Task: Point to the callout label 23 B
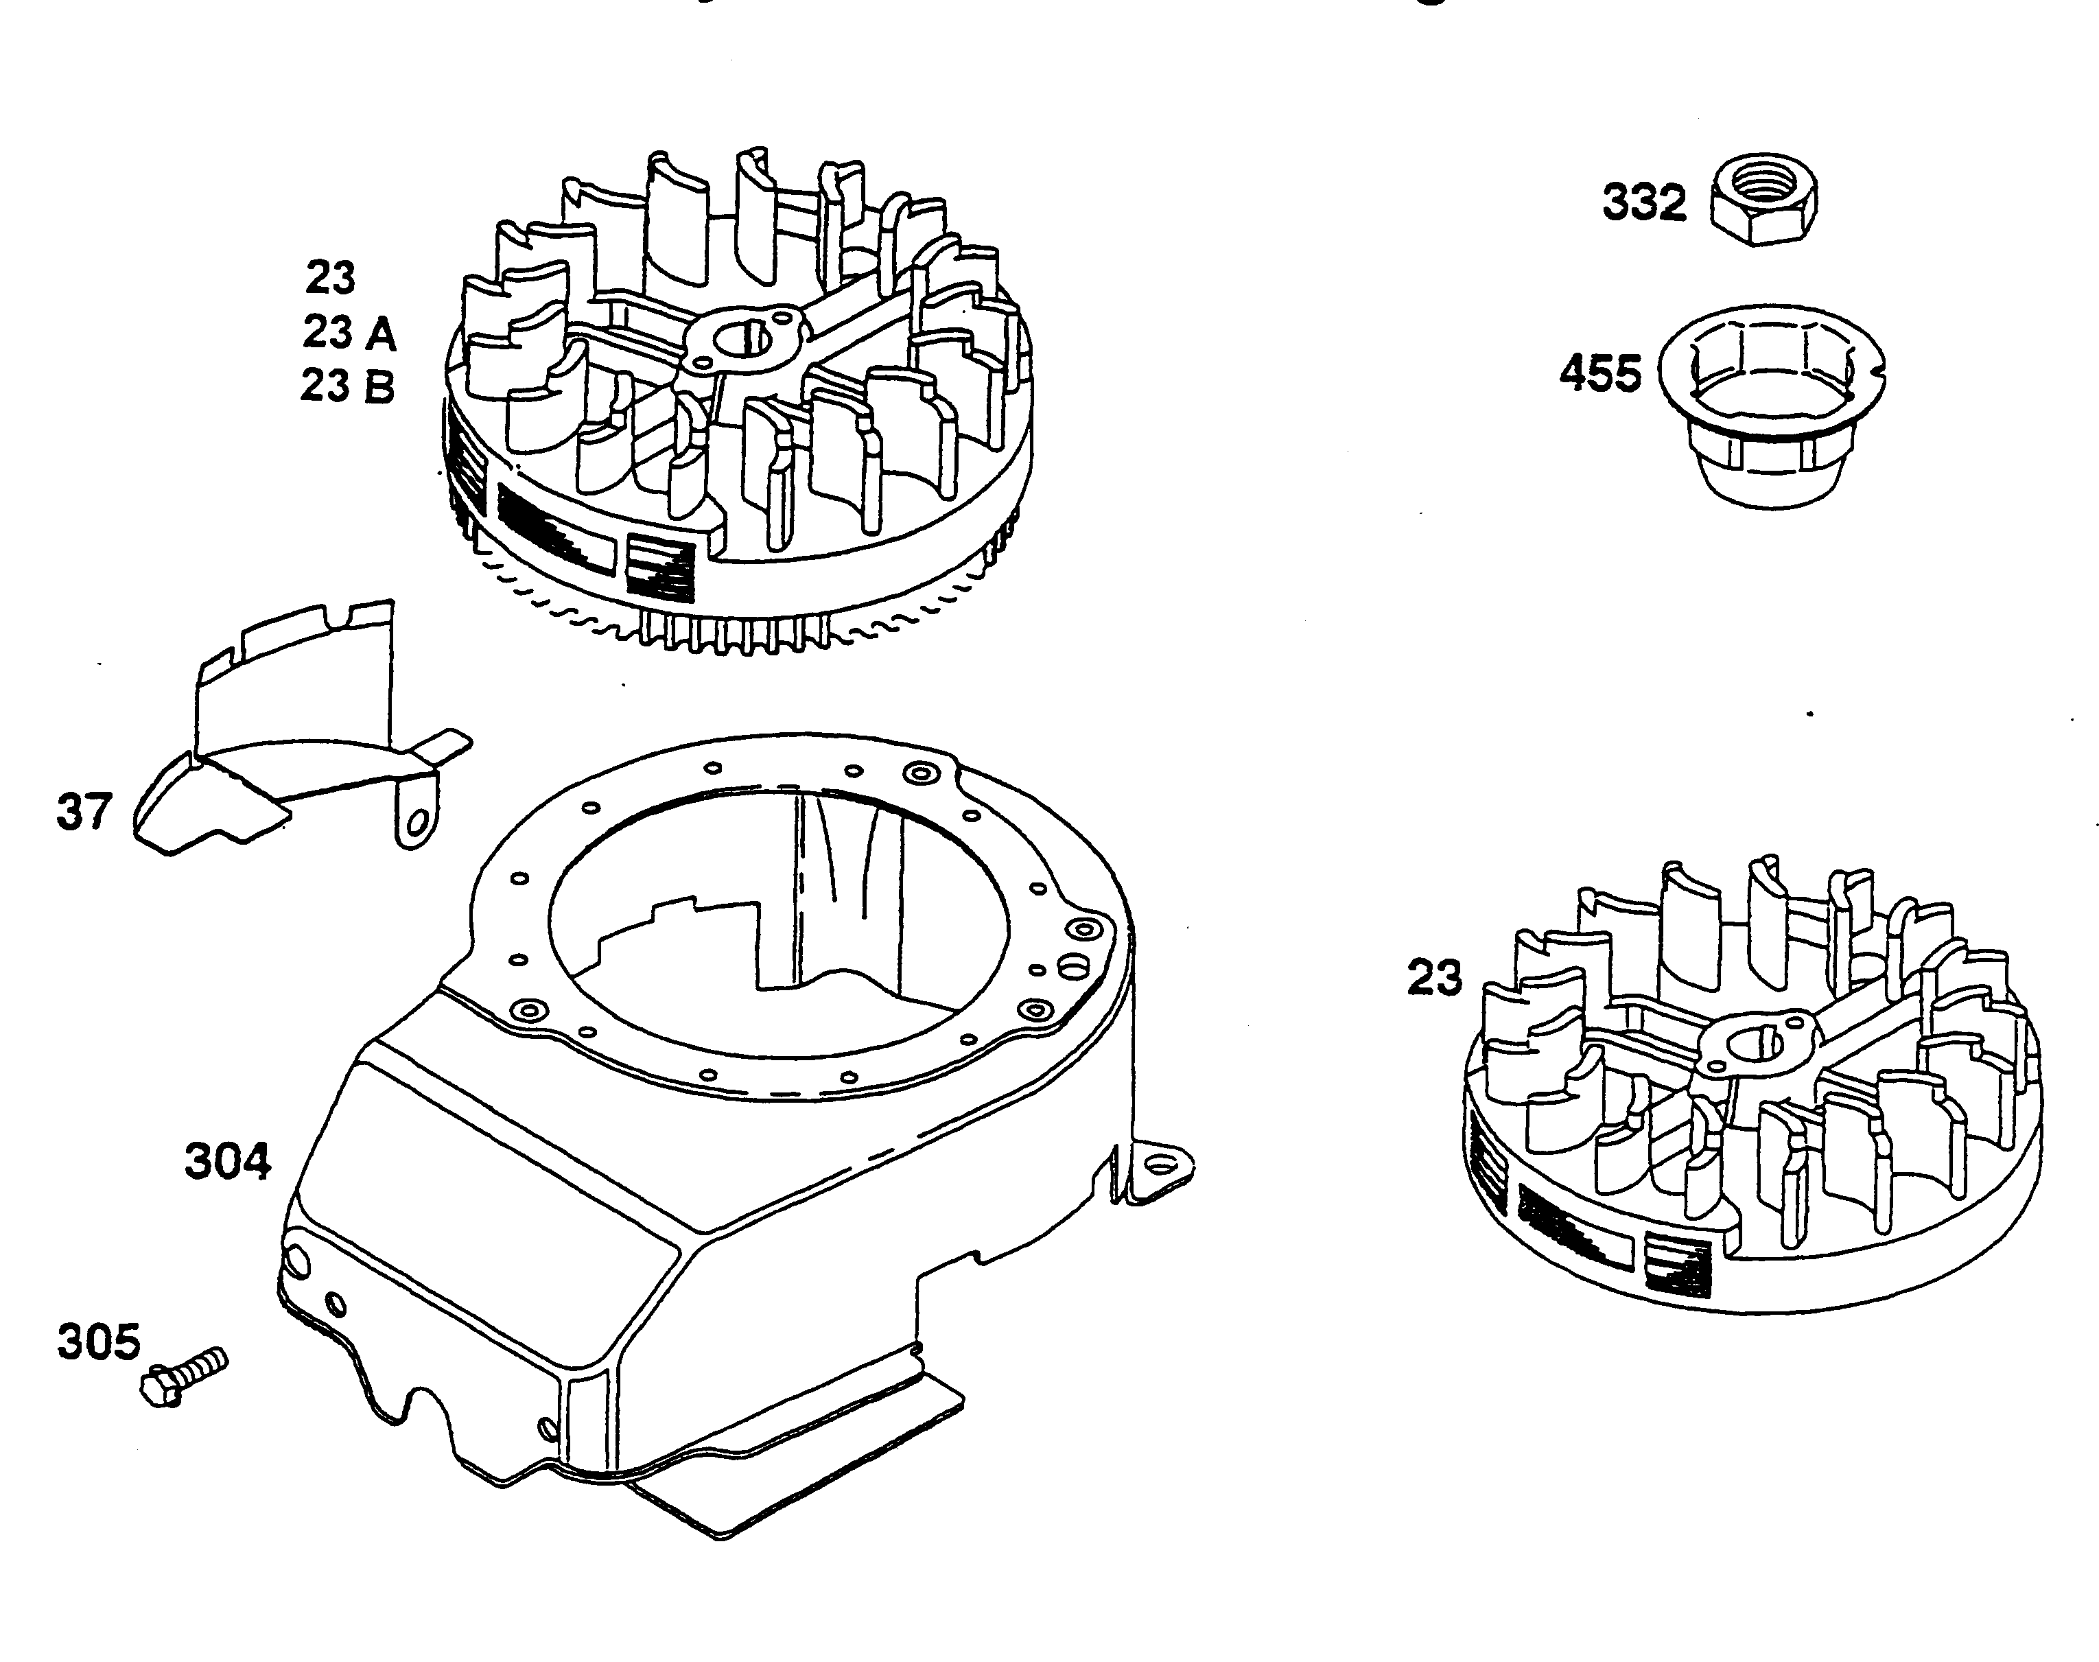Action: coord(347,386)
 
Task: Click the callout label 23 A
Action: coord(349,333)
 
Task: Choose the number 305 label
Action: coord(98,1342)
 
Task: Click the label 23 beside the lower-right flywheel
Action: coord(1434,978)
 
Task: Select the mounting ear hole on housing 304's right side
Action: coord(1158,1164)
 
